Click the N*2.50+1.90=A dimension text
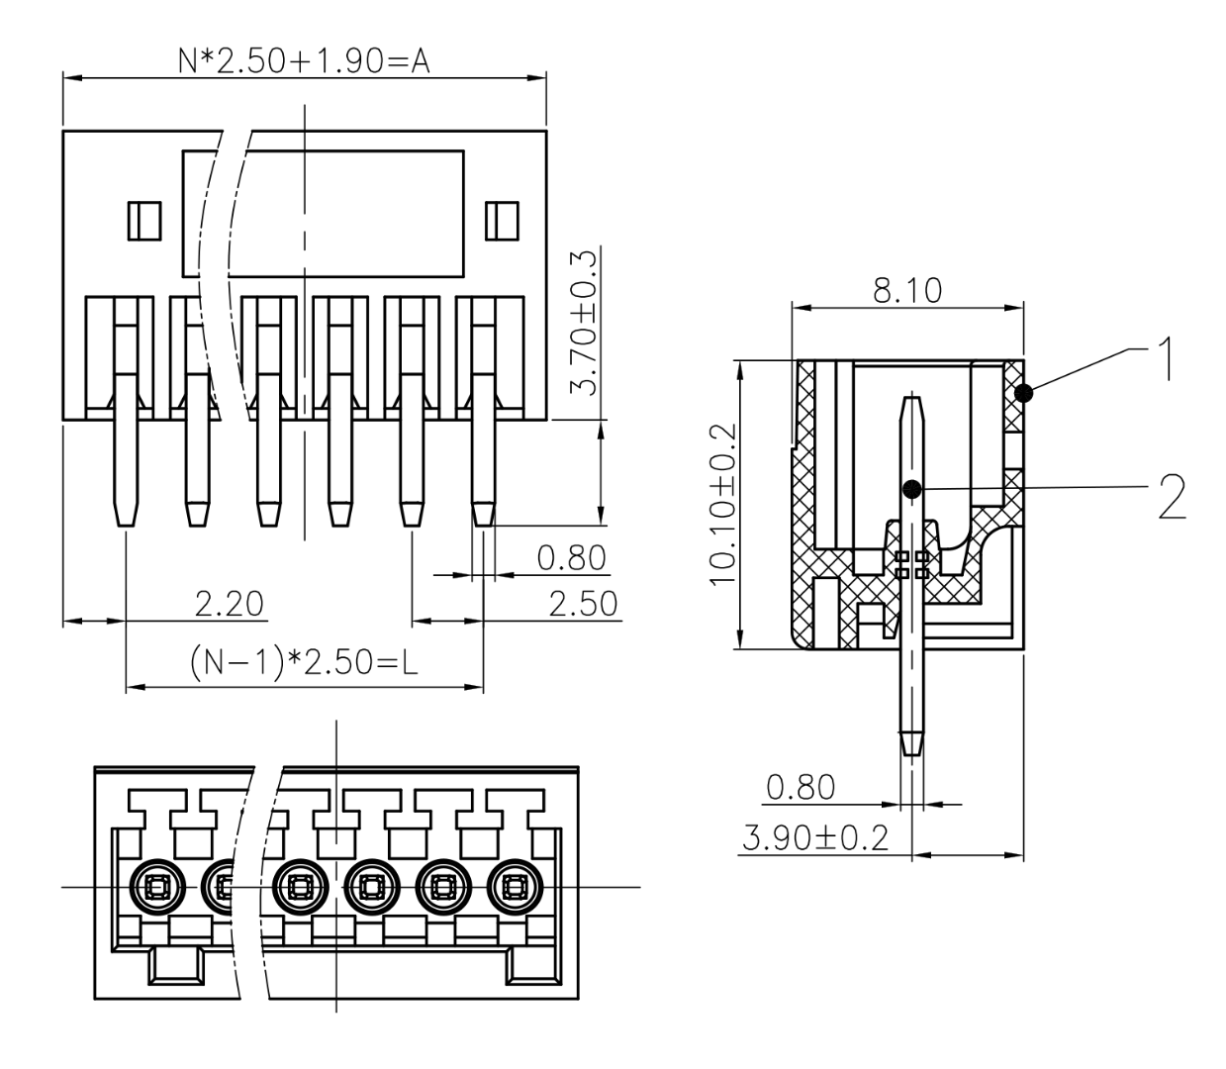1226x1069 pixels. point(304,61)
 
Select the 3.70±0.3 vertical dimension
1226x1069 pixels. point(586,323)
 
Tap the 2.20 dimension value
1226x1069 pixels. point(229,603)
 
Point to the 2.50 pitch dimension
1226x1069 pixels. point(582,603)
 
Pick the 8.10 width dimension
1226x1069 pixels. point(907,291)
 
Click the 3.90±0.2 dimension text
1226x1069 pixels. point(813,837)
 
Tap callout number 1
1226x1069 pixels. point(1166,360)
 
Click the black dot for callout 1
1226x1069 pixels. point(1024,394)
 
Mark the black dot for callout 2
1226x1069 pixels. point(912,488)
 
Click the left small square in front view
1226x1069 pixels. point(144,220)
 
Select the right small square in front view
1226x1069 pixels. point(504,220)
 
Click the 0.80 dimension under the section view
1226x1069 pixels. point(801,788)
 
